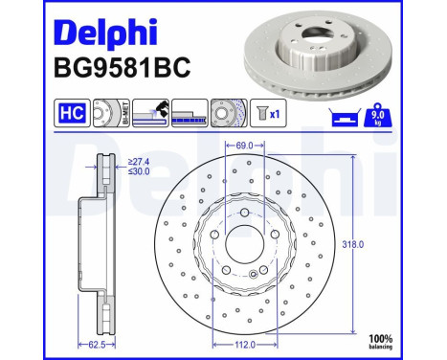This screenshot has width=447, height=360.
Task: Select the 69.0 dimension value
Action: click(x=244, y=146)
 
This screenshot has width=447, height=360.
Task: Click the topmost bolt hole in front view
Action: click(x=244, y=211)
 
